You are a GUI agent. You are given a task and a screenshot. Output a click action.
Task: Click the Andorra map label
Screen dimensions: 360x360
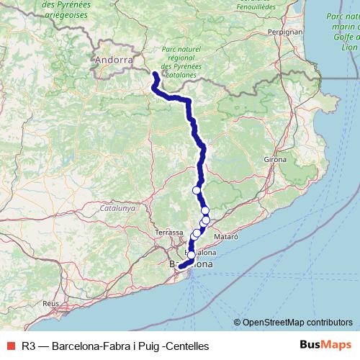click(x=114, y=60)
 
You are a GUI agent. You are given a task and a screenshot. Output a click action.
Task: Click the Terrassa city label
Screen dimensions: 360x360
click(x=169, y=233)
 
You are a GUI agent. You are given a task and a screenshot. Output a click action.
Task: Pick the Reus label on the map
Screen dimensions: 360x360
click(x=50, y=304)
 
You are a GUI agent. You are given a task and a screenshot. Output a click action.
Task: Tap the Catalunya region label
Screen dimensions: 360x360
click(x=118, y=207)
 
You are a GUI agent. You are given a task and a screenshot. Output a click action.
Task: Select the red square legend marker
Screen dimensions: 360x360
click(x=9, y=346)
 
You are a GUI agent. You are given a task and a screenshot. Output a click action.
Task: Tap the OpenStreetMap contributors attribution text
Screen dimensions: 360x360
click(x=297, y=323)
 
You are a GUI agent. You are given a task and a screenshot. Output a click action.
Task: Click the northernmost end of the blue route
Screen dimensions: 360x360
click(x=156, y=73)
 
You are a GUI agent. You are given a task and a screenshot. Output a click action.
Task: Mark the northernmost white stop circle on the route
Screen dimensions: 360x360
click(x=196, y=190)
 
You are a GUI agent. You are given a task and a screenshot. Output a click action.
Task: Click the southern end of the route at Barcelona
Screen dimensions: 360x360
click(x=181, y=267)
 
